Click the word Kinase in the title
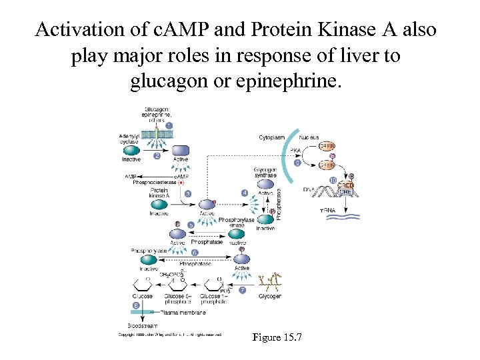pos(333,31)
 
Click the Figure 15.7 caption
pos(277,337)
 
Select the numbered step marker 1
pos(169,125)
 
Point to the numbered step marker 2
pos(157,156)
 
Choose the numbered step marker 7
pos(243,290)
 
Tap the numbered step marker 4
pos(245,193)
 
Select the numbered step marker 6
pos(194,253)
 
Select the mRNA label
pos(327,211)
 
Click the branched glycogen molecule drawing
pos(269,280)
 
